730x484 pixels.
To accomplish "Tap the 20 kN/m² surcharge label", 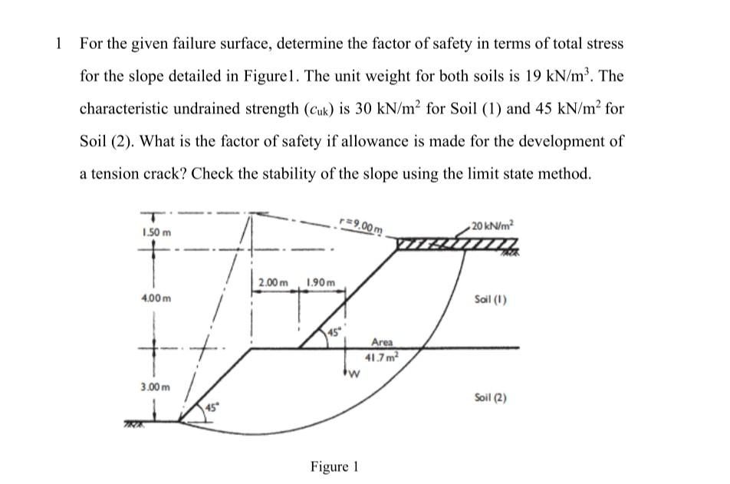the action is [x=495, y=224].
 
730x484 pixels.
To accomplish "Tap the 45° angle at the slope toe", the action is [x=208, y=407].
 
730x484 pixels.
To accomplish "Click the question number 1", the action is [x=58, y=43].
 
